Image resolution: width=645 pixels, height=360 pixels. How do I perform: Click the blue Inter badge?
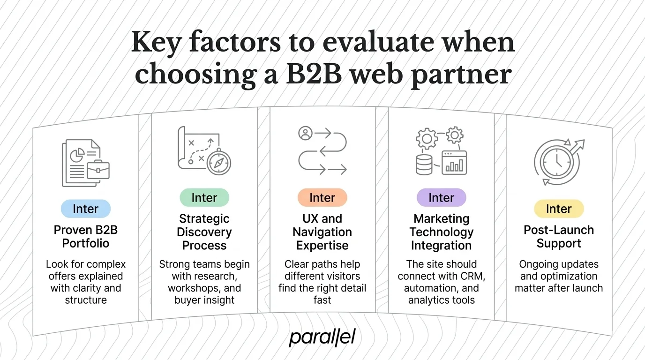click(x=85, y=209)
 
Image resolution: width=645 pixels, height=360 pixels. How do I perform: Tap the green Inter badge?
click(x=204, y=197)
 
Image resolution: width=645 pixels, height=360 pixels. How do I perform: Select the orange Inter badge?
click(x=322, y=197)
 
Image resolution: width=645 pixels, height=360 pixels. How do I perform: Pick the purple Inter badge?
click(x=441, y=197)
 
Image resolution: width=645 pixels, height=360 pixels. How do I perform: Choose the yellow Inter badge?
click(x=559, y=209)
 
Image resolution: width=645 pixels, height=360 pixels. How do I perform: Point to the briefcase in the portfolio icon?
click(x=98, y=170)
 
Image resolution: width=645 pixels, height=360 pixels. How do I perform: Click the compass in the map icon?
click(x=218, y=163)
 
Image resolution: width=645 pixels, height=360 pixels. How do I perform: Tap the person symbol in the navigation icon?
click(x=305, y=134)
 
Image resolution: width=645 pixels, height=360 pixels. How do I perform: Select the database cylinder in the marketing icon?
click(x=425, y=164)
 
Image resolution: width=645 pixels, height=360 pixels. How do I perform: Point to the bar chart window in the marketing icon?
click(x=454, y=162)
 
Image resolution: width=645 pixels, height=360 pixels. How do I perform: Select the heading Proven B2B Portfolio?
click(x=85, y=237)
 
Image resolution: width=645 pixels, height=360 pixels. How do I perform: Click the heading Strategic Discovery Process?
click(x=204, y=232)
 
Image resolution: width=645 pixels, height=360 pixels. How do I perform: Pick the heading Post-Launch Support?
click(x=559, y=237)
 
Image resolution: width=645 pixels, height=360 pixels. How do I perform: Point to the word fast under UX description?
click(x=322, y=300)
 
